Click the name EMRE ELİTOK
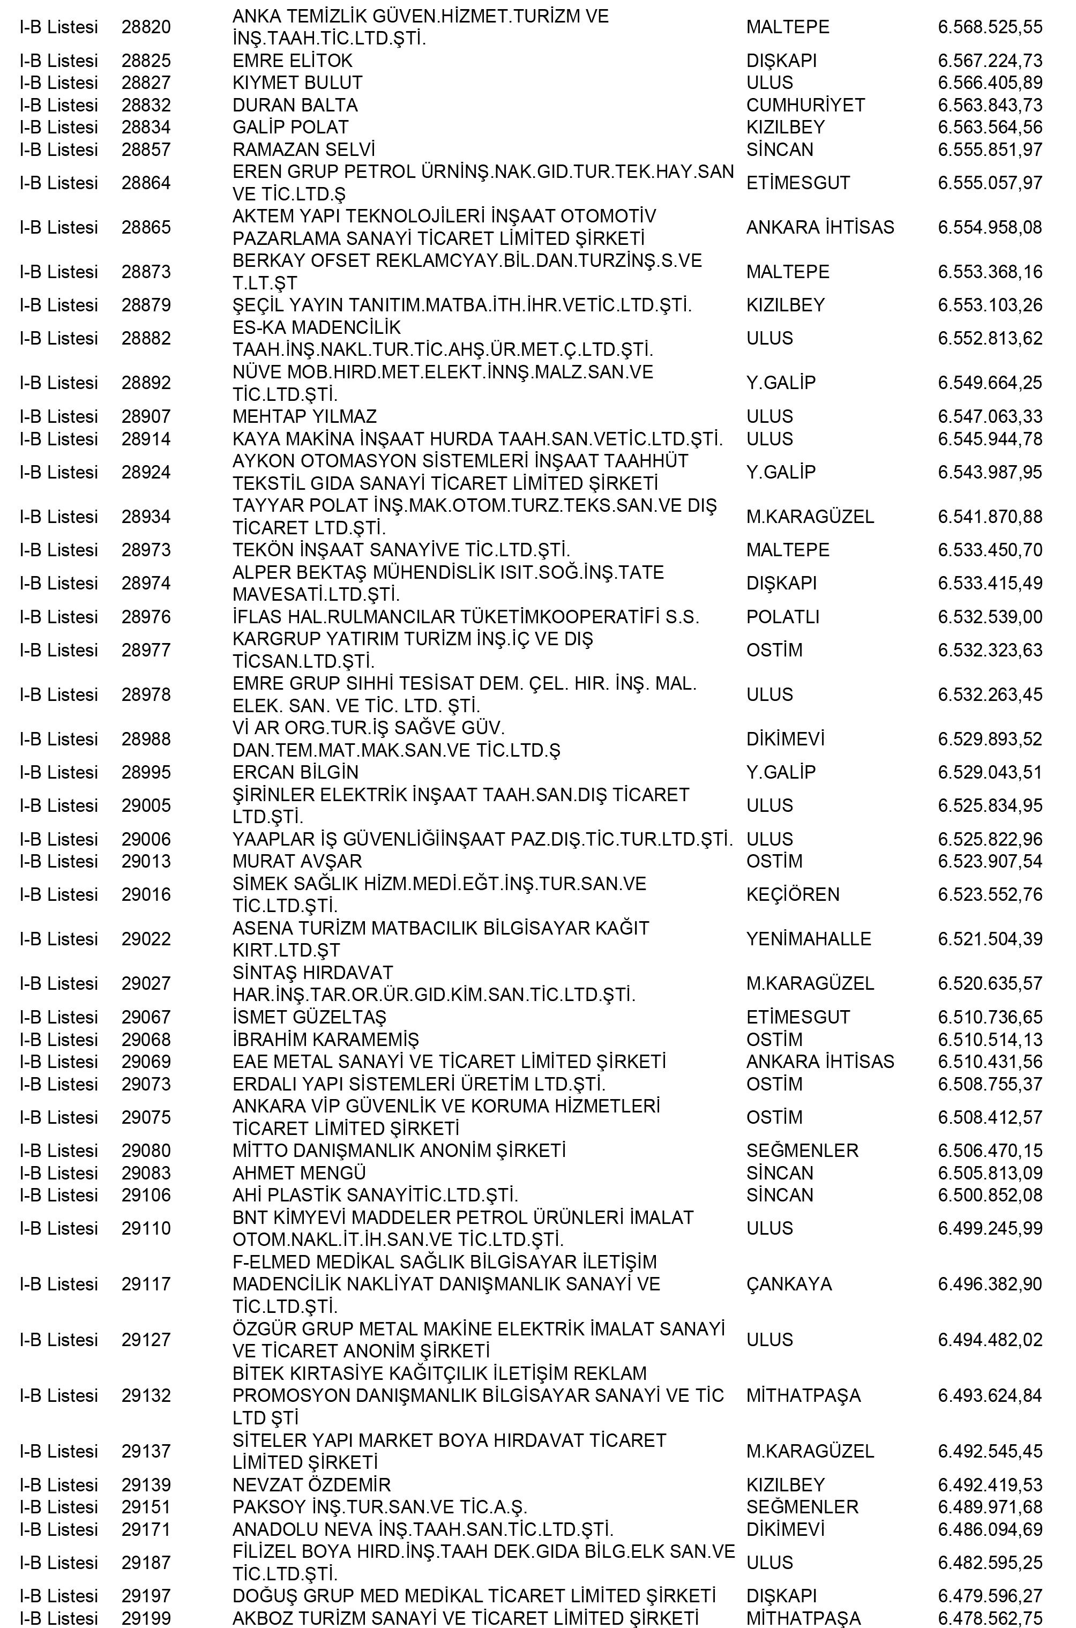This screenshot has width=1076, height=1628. (293, 61)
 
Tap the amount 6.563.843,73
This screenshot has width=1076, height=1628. (990, 105)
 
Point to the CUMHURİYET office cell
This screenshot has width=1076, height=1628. (805, 105)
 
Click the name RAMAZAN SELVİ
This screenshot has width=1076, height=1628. (303, 150)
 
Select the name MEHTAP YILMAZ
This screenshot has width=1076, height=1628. (304, 416)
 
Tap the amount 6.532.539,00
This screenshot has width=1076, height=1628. (990, 617)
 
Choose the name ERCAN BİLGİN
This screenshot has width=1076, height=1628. (295, 773)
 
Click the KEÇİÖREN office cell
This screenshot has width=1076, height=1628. (793, 894)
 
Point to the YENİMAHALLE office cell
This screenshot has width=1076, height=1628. (809, 939)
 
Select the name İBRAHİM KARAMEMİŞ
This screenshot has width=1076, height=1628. (325, 1040)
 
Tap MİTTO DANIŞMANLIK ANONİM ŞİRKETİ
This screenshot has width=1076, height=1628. (399, 1151)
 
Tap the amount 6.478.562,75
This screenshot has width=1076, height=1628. (990, 1618)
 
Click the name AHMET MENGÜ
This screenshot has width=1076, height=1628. (298, 1173)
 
